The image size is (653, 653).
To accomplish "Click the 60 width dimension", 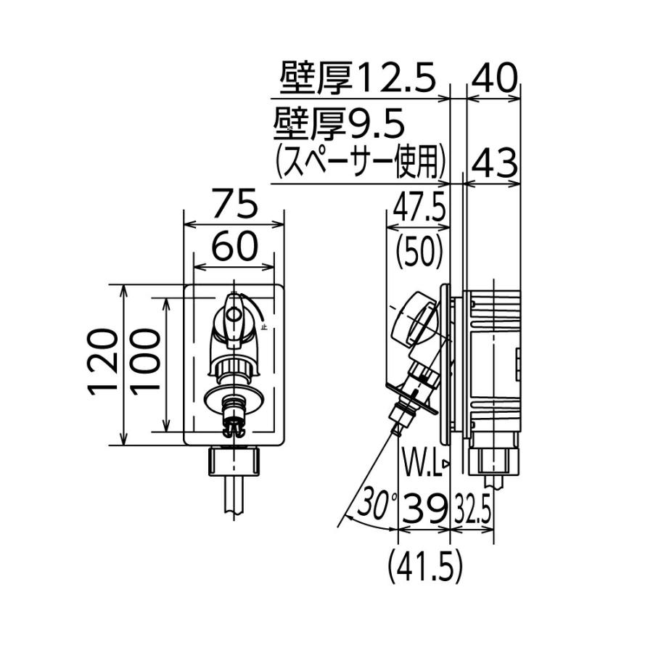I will click(235, 248).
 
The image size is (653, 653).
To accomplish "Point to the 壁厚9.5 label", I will click(338, 125).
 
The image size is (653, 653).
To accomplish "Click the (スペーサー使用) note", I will click(359, 162).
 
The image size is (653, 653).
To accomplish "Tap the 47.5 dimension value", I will click(419, 210).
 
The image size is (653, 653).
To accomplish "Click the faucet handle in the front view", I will click(234, 316).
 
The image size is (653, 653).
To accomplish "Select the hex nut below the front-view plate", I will click(235, 461).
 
